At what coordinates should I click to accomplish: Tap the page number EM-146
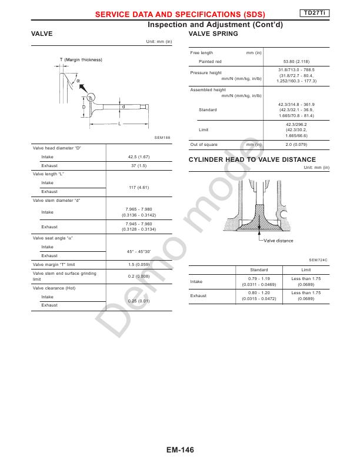click(180, 450)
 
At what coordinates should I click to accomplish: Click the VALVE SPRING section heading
click(213, 34)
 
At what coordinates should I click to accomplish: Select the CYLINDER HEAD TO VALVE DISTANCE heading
click(252, 160)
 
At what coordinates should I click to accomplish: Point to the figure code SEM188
click(162, 137)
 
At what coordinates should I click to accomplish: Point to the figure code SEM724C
click(318, 259)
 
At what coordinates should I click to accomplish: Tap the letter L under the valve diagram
click(119, 124)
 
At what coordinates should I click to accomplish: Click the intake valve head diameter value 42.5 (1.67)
click(139, 157)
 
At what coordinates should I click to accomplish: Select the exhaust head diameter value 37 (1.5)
click(139, 166)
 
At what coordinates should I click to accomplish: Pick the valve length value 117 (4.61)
click(139, 187)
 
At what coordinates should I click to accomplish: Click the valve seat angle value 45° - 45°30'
click(139, 251)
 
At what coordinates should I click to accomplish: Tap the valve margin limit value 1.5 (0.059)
click(139, 265)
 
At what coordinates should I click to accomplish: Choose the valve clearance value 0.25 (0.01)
click(139, 301)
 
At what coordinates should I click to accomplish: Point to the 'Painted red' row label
click(210, 61)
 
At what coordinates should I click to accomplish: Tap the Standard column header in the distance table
click(259, 269)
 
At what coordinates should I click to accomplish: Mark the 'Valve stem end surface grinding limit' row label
click(65, 276)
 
